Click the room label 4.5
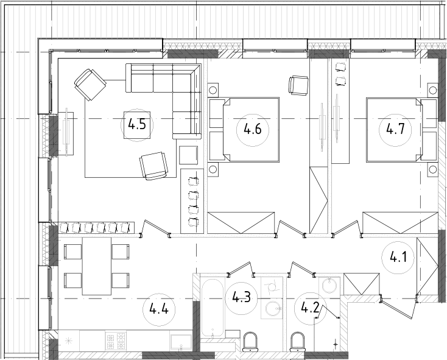tap(137, 125)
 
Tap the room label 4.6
tap(252, 129)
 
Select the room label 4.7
tap(395, 129)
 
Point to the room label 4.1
tap(398, 258)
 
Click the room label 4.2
tap(310, 308)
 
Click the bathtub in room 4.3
tap(212, 308)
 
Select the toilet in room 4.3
tap(250, 342)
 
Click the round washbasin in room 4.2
tap(329, 285)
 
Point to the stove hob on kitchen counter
tap(116, 340)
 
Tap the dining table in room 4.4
tap(97, 266)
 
